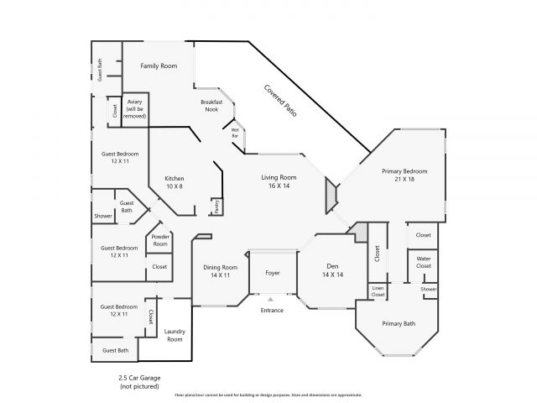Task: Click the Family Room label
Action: [x=159, y=65]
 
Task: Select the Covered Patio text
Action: [x=281, y=100]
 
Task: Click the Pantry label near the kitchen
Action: [x=216, y=207]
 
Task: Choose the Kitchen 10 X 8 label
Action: [x=174, y=181]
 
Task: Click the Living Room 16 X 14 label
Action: [x=279, y=181]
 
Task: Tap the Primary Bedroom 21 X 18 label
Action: [x=399, y=175]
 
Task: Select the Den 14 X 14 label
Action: [x=333, y=270]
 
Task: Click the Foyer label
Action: [x=273, y=273]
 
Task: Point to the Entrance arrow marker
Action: [x=271, y=298]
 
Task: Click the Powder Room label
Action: [x=159, y=240]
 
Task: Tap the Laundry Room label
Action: [x=175, y=335]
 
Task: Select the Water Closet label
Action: [x=424, y=262]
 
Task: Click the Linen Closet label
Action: [x=378, y=292]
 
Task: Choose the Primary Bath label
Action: [x=399, y=323]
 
